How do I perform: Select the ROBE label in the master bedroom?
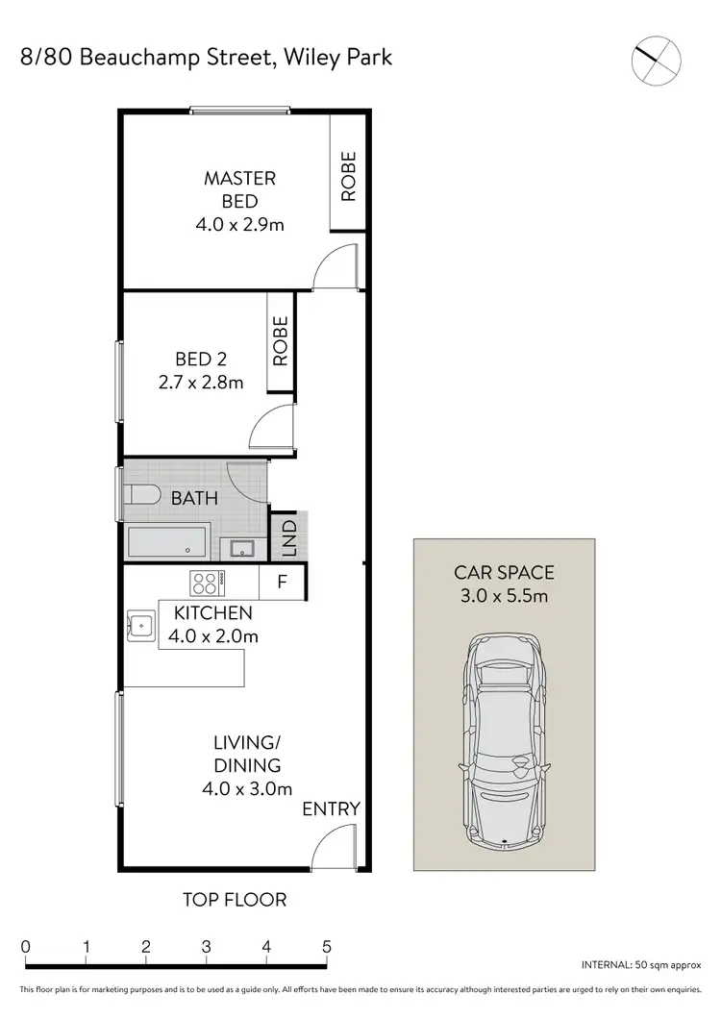(348, 176)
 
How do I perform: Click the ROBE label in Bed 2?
(281, 341)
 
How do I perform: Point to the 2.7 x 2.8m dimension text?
(202, 382)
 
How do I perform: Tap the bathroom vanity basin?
(240, 548)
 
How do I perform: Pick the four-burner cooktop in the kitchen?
(207, 582)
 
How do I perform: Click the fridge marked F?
(283, 582)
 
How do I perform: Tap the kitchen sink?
(141, 626)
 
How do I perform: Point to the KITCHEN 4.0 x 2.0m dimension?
(212, 635)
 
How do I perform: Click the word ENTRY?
(331, 808)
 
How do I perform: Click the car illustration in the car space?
(505, 740)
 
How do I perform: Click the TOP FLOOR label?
(235, 900)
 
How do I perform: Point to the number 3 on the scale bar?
(207, 946)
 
